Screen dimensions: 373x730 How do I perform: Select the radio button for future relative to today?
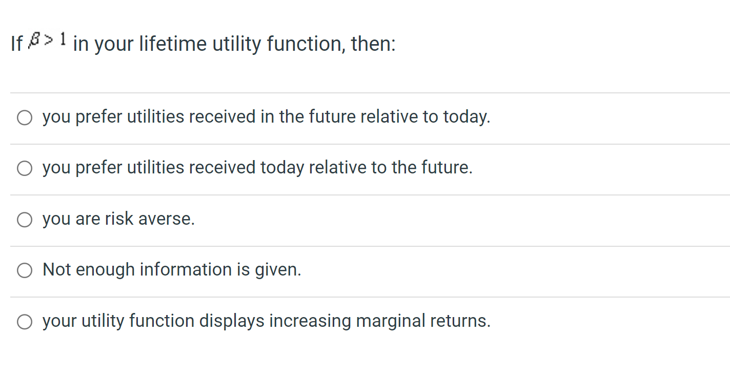tap(25, 118)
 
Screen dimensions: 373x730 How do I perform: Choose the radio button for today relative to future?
tap(25, 169)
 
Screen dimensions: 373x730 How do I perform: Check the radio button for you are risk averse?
tap(25, 220)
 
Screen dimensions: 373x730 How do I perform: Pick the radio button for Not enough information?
tap(25, 270)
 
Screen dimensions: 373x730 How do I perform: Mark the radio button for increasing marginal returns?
tap(25, 322)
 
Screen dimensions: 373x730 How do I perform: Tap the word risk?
tap(119, 219)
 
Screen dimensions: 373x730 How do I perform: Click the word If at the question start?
tap(16, 44)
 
